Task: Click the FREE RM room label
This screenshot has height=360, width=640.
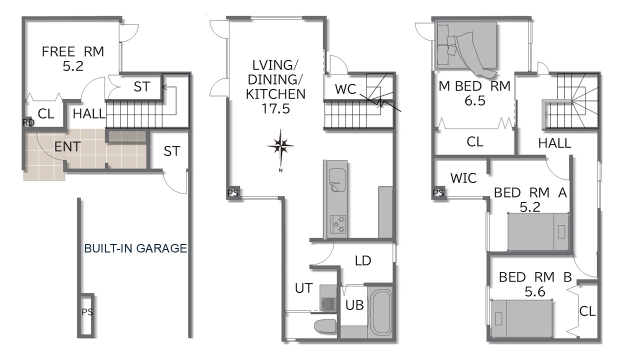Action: coord(73,51)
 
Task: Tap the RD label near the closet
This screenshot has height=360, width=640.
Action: coord(28,122)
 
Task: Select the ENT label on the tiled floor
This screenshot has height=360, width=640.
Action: coord(67,147)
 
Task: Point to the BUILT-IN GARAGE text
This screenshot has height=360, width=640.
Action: coord(135,248)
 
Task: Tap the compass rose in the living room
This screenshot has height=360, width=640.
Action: coord(280,147)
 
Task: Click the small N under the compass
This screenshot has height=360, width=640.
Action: coord(280,170)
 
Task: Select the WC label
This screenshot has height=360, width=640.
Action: coord(345,89)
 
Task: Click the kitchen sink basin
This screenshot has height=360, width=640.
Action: coord(337,179)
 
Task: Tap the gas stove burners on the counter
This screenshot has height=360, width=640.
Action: coord(338,224)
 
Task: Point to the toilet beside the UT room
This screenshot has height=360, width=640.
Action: coord(325,325)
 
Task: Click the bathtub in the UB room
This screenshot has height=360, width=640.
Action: coord(379,312)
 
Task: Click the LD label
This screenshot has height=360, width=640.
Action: coord(363,260)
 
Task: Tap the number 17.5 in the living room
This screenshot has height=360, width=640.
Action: coord(275,108)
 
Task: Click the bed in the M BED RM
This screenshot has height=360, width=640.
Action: coord(467,49)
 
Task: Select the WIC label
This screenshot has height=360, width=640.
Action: coord(463,178)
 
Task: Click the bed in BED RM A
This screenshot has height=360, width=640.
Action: coord(538,232)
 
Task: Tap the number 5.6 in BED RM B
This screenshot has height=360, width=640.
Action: coord(535,291)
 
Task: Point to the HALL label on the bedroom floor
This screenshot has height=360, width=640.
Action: coord(554,143)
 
